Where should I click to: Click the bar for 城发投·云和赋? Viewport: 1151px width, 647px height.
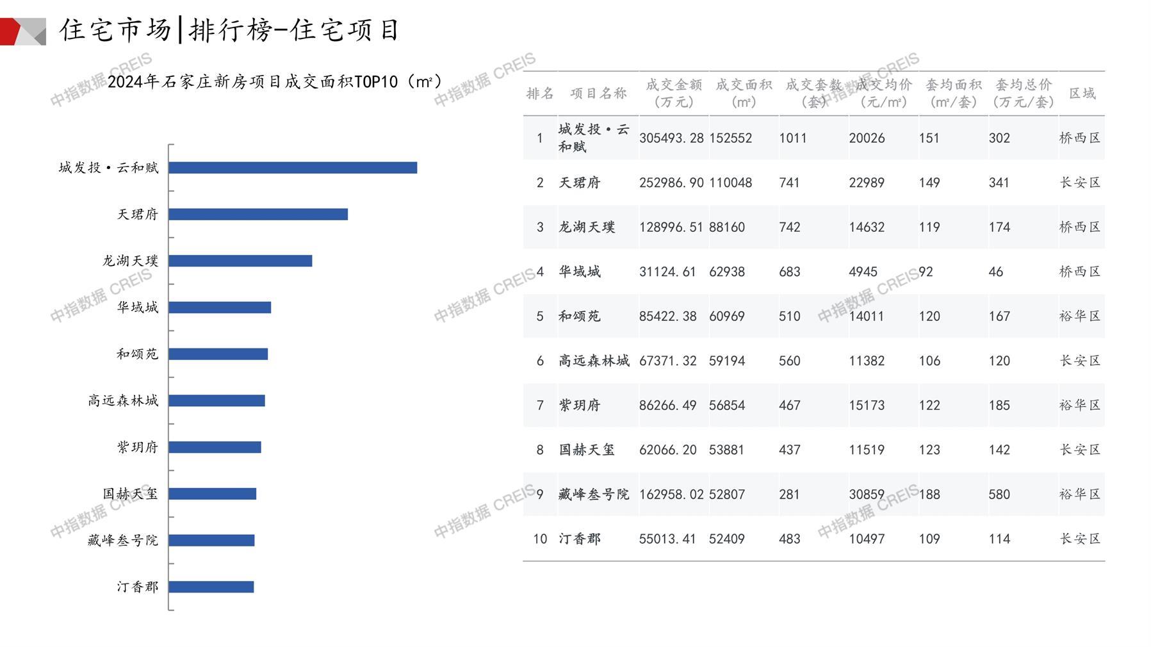pyautogui.click(x=293, y=168)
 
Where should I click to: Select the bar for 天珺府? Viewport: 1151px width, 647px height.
pyautogui.click(x=258, y=214)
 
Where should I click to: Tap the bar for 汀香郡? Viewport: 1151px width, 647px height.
pyautogui.click(x=211, y=587)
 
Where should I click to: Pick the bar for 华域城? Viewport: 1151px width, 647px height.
pyautogui.click(x=220, y=307)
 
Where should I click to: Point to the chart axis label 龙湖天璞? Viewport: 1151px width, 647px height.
pyautogui.click(x=130, y=261)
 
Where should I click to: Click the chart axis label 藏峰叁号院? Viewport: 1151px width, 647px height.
pyautogui.click(x=122, y=540)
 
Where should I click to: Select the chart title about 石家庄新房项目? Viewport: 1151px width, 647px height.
pyautogui.click(x=275, y=82)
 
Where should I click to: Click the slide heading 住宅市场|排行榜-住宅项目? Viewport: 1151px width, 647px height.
pyautogui.click(x=229, y=30)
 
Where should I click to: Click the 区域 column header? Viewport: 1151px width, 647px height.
pyautogui.click(x=1082, y=94)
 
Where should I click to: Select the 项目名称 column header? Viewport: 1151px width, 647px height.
pyautogui.click(x=598, y=94)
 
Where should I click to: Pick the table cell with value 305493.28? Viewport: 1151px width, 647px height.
pyautogui.click(x=671, y=138)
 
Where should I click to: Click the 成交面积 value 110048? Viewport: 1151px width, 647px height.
pyautogui.click(x=730, y=183)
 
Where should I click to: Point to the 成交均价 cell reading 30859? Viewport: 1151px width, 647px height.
pyautogui.click(x=867, y=495)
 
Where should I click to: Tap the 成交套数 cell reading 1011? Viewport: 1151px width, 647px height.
pyautogui.click(x=793, y=138)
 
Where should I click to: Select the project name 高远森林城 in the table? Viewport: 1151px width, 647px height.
pyautogui.click(x=594, y=361)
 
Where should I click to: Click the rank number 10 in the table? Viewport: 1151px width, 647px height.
pyautogui.click(x=540, y=539)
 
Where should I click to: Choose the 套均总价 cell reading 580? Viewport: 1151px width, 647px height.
pyautogui.click(x=999, y=495)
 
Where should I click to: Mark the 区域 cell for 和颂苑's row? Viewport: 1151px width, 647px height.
pyautogui.click(x=1080, y=316)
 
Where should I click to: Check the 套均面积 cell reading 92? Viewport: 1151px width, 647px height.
pyautogui.click(x=926, y=272)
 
